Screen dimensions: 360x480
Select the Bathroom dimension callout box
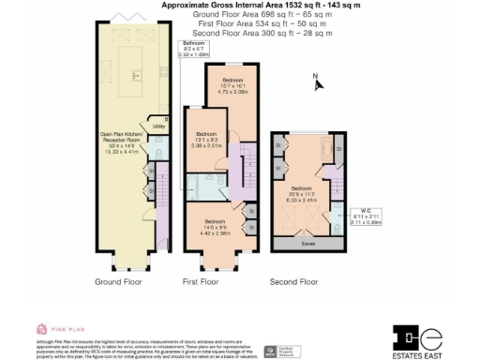(x=194, y=48)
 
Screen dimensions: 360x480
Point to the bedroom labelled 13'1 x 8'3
(x=207, y=141)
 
